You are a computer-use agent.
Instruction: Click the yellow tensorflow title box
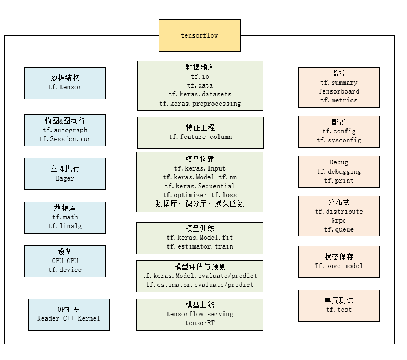pyautogui.click(x=200, y=35)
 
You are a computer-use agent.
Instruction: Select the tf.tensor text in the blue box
pyautogui.click(x=65, y=88)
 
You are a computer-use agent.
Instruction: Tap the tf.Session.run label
pyautogui.click(x=65, y=140)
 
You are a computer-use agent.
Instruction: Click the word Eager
pyautogui.click(x=65, y=179)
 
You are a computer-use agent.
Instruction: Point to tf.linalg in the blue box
pyautogui.click(x=65, y=227)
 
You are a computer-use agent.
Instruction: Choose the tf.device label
pyautogui.click(x=65, y=270)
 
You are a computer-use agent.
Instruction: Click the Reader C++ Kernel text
pyautogui.click(x=69, y=319)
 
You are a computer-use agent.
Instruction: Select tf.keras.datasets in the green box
pyautogui.click(x=200, y=95)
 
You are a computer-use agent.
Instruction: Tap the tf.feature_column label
pyautogui.click(x=200, y=137)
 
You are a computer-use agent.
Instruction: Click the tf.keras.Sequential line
pyautogui.click(x=200, y=186)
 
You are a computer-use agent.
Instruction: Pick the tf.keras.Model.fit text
pyautogui.click(x=200, y=238)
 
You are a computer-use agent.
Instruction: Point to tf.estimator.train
pyautogui.click(x=200, y=246)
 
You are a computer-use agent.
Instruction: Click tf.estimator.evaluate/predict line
pyautogui.click(x=200, y=285)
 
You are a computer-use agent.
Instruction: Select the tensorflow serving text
pyautogui.click(x=200, y=314)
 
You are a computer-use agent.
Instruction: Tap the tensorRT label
pyautogui.click(x=200, y=323)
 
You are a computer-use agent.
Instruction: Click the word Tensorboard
pyautogui.click(x=339, y=91)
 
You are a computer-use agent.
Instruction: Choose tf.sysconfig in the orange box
pyautogui.click(x=339, y=141)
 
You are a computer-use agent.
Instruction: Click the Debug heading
pyautogui.click(x=339, y=163)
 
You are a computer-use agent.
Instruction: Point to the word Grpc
pyautogui.click(x=339, y=220)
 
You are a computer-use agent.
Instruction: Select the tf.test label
pyautogui.click(x=339, y=310)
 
